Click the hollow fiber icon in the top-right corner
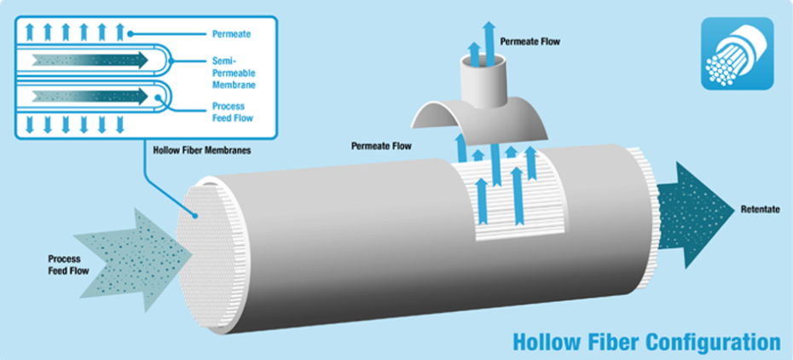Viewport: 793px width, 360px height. [x=737, y=53]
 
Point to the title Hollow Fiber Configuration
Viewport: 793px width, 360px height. [x=645, y=342]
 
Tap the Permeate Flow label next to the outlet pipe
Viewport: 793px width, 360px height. [x=530, y=41]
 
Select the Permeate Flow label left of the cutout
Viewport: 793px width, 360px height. [x=381, y=147]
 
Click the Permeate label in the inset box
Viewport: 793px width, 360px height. [x=230, y=34]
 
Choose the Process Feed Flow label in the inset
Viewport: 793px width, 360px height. [x=232, y=112]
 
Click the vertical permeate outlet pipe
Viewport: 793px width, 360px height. [x=483, y=80]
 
